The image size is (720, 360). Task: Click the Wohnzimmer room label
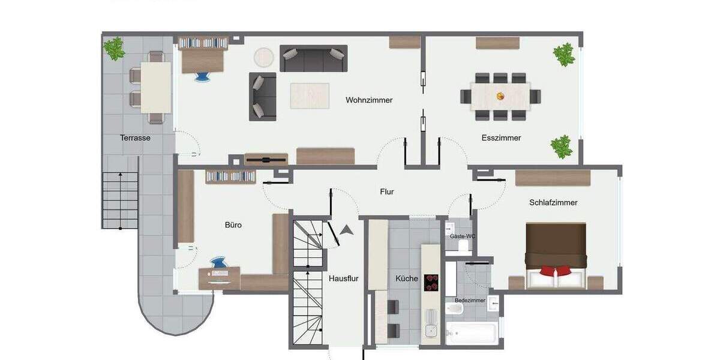click(x=369, y=100)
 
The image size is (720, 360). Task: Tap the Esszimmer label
click(x=501, y=138)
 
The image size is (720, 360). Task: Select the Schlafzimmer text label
click(x=553, y=203)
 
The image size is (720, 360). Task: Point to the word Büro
click(x=233, y=225)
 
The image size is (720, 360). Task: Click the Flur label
click(x=387, y=192)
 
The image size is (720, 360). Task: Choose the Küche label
click(x=407, y=278)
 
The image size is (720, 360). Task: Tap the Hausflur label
click(x=344, y=278)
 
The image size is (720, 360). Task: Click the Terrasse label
click(x=135, y=138)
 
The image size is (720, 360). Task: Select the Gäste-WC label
click(x=463, y=236)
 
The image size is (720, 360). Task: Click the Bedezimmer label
click(x=470, y=300)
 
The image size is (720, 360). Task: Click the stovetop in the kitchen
click(x=431, y=282)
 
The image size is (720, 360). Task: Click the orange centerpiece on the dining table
click(x=500, y=95)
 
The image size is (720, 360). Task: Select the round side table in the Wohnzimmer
click(x=264, y=58)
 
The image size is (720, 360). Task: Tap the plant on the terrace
click(x=114, y=49)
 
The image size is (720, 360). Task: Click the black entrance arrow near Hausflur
click(x=347, y=229)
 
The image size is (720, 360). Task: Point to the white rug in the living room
click(x=310, y=96)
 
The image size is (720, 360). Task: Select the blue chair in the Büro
click(x=218, y=263)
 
